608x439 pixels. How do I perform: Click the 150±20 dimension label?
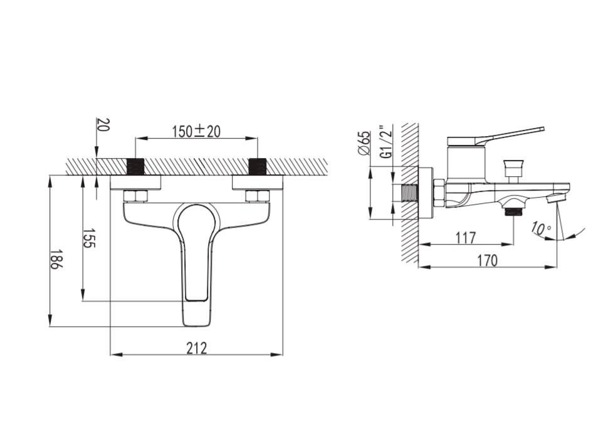pyautogui.click(x=196, y=132)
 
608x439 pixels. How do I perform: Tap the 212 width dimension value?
pyautogui.click(x=197, y=348)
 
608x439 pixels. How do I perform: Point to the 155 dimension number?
pyautogui.click(x=89, y=238)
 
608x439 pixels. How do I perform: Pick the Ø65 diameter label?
pyautogui.click(x=365, y=143)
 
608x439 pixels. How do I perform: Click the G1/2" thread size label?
pyautogui.click(x=386, y=142)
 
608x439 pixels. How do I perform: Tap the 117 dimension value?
pyautogui.click(x=465, y=237)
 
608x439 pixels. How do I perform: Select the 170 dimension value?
pyautogui.click(x=487, y=260)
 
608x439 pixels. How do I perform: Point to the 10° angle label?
pyautogui.click(x=541, y=228)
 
